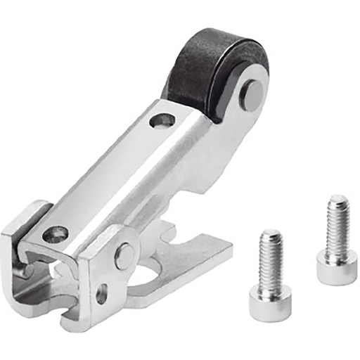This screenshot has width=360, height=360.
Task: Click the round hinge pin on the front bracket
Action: pos(125,255)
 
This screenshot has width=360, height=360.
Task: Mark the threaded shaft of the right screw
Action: pos(337,229)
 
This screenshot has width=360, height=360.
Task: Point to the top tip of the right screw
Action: pos(338,200)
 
